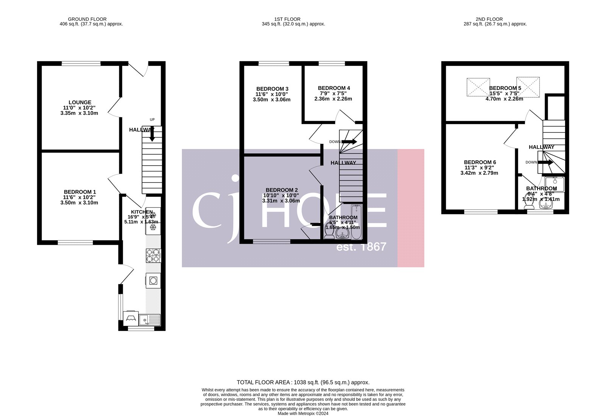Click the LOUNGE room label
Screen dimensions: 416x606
click(x=80, y=102)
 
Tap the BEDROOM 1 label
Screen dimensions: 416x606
click(x=80, y=192)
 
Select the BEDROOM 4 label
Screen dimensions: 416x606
click(x=334, y=88)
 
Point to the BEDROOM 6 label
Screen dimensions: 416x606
click(x=480, y=162)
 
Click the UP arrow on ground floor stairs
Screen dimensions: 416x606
click(x=152, y=133)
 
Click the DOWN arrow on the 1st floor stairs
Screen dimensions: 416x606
click(x=349, y=142)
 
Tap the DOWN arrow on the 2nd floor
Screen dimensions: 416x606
click(x=545, y=162)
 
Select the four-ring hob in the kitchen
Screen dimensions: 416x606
click(x=153, y=255)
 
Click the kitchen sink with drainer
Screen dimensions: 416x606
click(x=150, y=320)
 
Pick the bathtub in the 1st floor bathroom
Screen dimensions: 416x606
click(x=356, y=222)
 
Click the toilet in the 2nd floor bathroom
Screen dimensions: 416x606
click(x=529, y=204)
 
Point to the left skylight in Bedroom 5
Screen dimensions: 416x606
click(x=478, y=88)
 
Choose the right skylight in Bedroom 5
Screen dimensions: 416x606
click(x=528, y=87)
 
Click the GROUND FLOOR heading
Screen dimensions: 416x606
click(x=87, y=19)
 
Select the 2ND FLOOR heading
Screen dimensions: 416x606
click(x=489, y=19)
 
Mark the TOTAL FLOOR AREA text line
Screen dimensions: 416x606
click(x=303, y=382)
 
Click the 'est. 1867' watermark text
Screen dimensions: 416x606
click(x=361, y=247)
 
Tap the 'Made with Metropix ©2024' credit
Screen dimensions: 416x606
click(x=303, y=413)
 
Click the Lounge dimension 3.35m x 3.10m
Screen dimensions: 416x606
click(x=79, y=113)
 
